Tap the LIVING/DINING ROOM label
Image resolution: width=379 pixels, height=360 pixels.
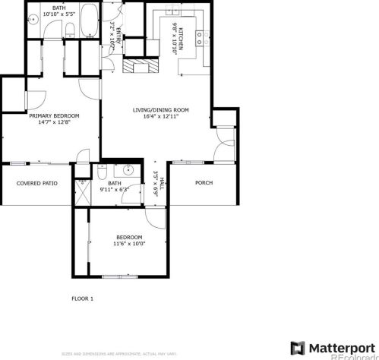click(x=160, y=111)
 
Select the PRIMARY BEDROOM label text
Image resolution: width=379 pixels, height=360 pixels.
click(x=55, y=116)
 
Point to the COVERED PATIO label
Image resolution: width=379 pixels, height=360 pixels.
click(x=37, y=183)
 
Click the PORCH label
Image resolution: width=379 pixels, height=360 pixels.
click(x=204, y=183)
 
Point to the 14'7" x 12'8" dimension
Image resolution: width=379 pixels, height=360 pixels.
click(x=55, y=123)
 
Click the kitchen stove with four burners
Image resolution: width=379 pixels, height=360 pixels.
click(x=199, y=37)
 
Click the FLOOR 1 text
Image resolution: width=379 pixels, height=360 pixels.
click(x=82, y=298)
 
